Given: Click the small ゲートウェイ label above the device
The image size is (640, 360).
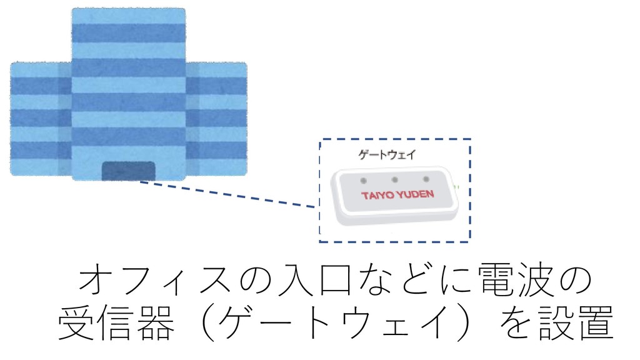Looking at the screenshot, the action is tap(386, 154).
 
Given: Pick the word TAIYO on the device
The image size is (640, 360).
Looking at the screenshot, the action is tap(377, 196).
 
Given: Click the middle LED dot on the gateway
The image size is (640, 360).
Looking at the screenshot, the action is tap(395, 179).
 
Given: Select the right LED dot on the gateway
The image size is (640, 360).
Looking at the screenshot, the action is tap(427, 179).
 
